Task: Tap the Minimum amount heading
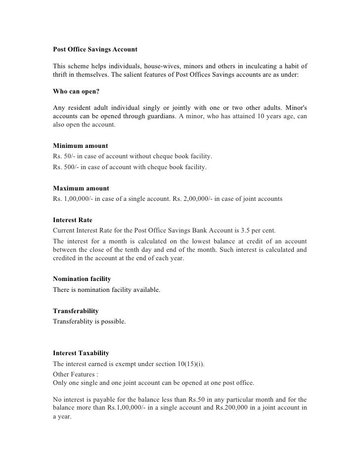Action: point(80,146)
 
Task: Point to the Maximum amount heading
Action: point(81,189)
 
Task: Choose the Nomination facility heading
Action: point(82,280)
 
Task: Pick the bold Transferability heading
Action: point(76,311)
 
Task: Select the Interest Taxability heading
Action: point(81,354)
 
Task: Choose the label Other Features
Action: point(72,374)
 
